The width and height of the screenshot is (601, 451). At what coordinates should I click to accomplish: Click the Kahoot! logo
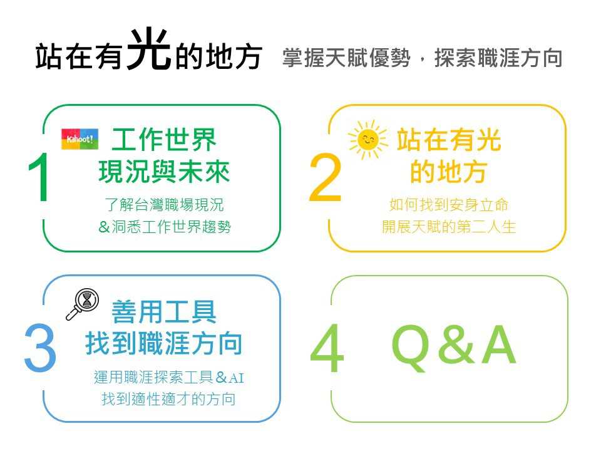point(80,139)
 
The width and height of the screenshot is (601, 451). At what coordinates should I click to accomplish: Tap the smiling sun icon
point(367,140)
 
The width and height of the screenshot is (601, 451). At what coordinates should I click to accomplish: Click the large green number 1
point(39,177)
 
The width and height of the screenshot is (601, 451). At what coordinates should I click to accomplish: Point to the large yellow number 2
point(325,177)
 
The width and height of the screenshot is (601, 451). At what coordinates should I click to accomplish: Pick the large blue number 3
point(40,348)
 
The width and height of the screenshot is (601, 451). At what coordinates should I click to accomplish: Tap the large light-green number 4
point(327,348)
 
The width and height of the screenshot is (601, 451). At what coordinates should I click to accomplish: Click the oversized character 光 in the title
point(149,49)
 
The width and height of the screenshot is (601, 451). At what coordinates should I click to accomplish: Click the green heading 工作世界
point(164,140)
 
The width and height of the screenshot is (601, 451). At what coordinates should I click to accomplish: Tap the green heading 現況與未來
point(164,172)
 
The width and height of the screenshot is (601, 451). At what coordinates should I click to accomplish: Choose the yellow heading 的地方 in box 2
point(448,172)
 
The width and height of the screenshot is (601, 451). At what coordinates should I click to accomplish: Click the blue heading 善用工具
point(164,312)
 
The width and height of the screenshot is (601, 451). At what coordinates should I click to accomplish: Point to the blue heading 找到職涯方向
point(164,343)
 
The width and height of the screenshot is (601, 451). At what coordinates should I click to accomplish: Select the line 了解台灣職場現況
point(164,205)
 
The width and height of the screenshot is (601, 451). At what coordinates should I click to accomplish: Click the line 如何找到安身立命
point(449,205)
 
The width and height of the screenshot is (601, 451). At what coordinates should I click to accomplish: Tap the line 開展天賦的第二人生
point(449,227)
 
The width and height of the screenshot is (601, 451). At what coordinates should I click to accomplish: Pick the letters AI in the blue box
point(236,378)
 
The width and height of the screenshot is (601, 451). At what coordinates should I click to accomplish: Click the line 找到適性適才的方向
point(168,399)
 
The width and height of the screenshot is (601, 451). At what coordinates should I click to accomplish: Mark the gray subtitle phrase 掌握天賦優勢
point(346,58)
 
